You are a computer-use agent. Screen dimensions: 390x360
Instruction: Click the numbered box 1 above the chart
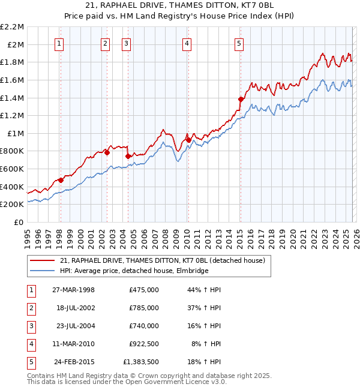click(x=60, y=43)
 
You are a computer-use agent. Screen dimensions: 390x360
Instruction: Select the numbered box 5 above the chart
click(x=239, y=43)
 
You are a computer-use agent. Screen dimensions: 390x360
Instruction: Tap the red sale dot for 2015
click(x=241, y=99)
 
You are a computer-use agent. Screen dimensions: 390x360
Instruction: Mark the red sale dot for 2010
click(x=188, y=140)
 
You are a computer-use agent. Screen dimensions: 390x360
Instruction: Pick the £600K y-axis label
click(x=13, y=169)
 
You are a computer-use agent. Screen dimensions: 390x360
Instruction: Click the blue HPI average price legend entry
click(x=133, y=271)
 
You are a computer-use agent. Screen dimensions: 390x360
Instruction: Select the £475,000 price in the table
click(x=144, y=290)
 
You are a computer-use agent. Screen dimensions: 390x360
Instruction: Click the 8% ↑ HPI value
click(x=206, y=344)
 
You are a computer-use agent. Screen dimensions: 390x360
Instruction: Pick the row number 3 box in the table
click(x=30, y=326)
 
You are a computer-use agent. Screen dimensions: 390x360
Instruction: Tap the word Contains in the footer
click(x=42, y=376)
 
